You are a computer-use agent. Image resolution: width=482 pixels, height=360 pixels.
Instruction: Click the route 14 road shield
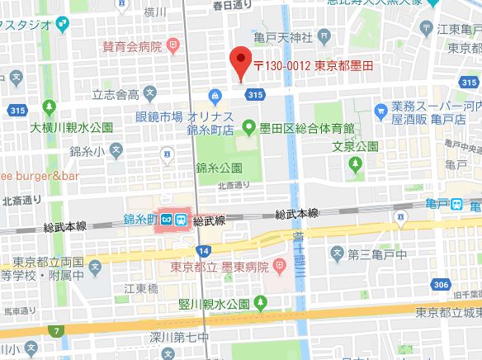(203, 249)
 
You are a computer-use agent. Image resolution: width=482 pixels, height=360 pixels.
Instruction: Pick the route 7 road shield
(56, 332)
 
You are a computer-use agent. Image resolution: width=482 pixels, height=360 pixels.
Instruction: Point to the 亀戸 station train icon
(456, 204)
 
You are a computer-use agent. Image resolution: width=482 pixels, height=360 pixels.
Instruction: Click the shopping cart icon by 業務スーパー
(380, 108)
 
